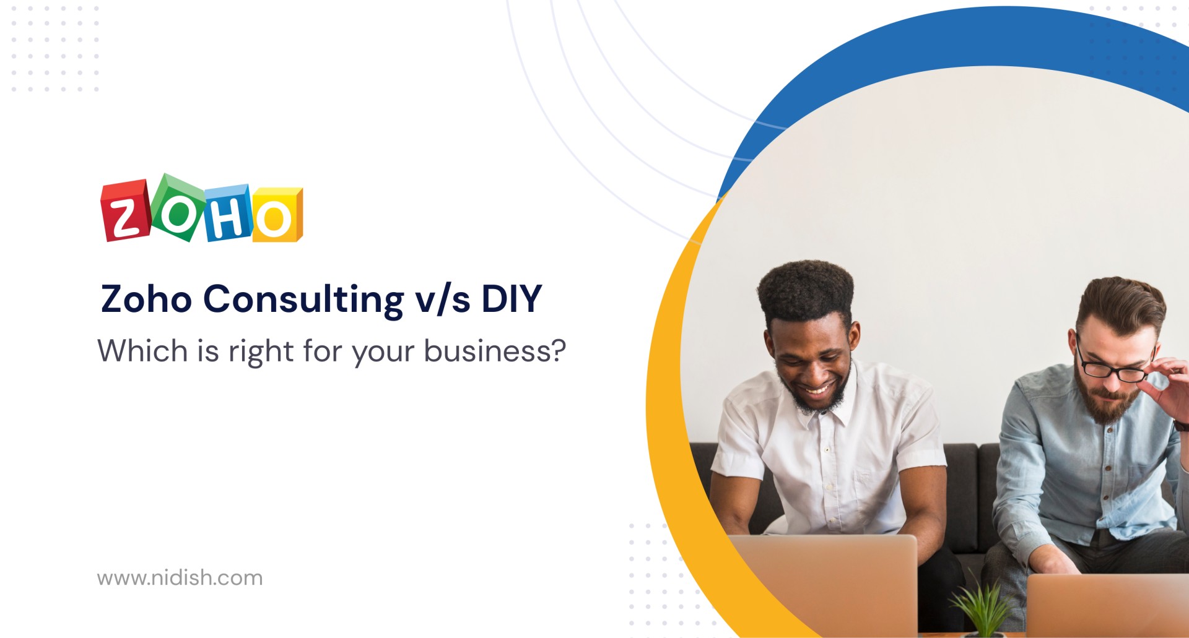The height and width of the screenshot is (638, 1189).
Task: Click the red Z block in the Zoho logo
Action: [x=126, y=210]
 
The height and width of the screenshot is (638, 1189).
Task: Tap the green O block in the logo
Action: [x=178, y=208]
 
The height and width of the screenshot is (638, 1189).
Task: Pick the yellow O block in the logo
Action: [x=277, y=214]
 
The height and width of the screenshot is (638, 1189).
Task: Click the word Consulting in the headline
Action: [x=303, y=300]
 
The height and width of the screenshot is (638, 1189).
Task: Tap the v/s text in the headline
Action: [x=442, y=300]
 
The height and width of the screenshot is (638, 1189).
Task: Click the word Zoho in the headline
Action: [x=146, y=299]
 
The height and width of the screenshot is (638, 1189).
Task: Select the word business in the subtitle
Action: [x=495, y=351]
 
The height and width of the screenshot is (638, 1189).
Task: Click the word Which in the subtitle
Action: [x=142, y=351]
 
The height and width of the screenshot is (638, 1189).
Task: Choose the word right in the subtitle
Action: [x=261, y=352]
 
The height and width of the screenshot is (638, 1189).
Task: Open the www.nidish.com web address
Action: [x=180, y=578]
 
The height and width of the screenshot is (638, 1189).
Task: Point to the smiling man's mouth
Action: [x=816, y=390]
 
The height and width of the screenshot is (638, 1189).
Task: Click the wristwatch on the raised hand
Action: [x=1180, y=425]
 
